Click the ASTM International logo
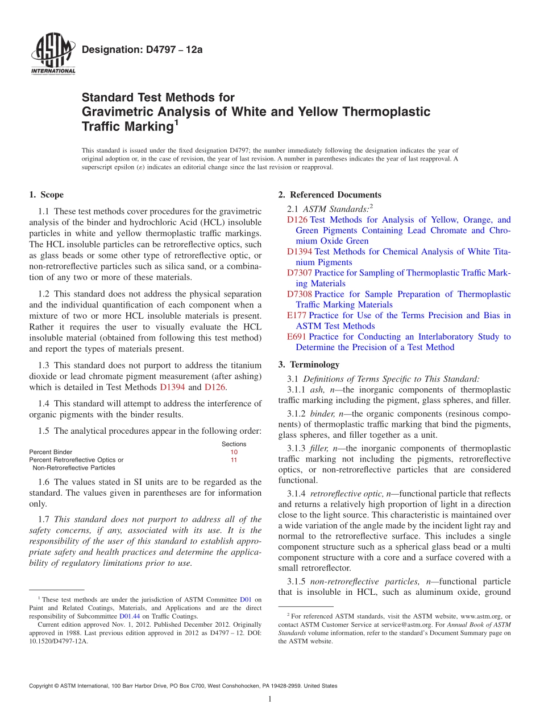coord(52,55)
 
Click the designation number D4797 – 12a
coord(142,50)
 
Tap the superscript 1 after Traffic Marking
coord(176,122)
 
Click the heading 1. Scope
coord(46,195)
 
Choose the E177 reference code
coord(297,315)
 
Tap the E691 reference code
coord(297,337)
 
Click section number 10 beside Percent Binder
coord(234,452)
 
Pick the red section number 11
coord(234,460)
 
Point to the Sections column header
coord(234,444)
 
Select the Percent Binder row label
coord(51,452)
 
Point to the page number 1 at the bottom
coord(270,699)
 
